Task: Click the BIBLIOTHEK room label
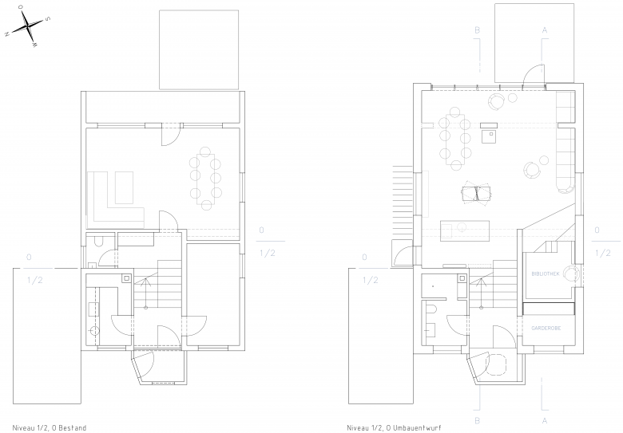546,274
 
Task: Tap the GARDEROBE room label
546,329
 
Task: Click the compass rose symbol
27,26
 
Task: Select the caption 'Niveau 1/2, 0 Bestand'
50,428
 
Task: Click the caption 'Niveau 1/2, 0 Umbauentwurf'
394,428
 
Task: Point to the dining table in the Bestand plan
206,179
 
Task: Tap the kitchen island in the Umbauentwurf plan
465,230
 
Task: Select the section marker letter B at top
478,30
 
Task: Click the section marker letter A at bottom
545,420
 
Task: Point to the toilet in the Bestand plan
98,240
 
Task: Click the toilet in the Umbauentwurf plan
432,309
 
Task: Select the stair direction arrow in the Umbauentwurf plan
482,293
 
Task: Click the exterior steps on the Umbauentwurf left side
403,191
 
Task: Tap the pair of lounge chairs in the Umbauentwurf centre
476,194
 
